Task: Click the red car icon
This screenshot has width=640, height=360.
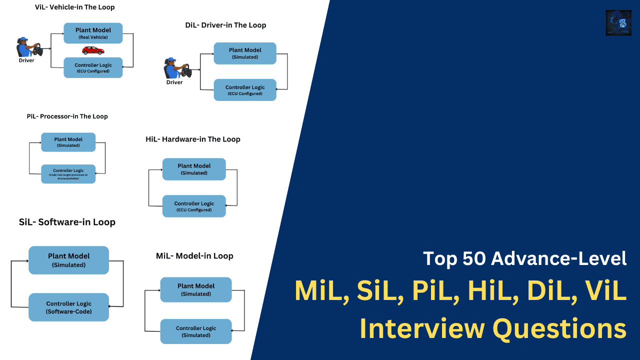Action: [x=93, y=50]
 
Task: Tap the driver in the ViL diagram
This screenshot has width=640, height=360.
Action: [x=28, y=47]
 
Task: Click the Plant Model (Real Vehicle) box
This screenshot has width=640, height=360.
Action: [x=93, y=33]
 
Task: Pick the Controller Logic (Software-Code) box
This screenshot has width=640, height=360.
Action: [x=68, y=307]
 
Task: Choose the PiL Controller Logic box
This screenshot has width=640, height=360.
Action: [x=68, y=173]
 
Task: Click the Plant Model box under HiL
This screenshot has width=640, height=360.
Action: [x=194, y=169]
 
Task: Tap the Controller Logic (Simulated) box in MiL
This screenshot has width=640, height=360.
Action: [x=196, y=331]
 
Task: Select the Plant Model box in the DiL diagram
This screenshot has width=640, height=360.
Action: [x=245, y=53]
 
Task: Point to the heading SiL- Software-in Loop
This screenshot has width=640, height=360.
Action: [x=67, y=222]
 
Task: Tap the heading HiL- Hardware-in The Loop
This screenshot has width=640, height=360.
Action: [x=193, y=139]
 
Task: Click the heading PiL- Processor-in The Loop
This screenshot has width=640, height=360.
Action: [x=67, y=116]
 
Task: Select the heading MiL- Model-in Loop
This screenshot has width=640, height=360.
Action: [x=194, y=256]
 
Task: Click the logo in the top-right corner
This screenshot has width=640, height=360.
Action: [x=618, y=22]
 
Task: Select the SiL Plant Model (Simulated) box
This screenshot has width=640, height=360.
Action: [x=68, y=260]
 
